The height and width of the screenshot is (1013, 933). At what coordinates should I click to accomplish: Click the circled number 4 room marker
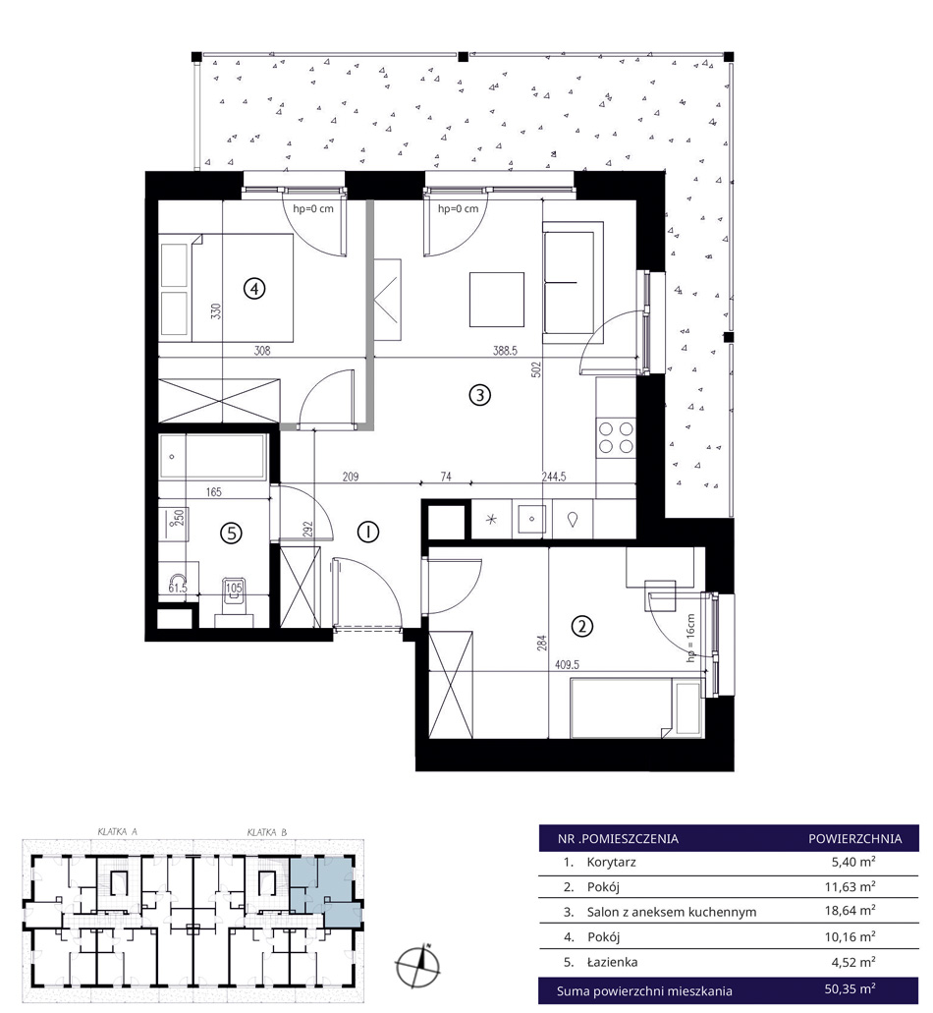254,288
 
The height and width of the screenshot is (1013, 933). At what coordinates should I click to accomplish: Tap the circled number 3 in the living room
479,394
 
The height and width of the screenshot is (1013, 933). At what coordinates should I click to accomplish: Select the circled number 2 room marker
582,626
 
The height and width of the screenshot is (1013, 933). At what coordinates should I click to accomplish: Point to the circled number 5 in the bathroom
231,533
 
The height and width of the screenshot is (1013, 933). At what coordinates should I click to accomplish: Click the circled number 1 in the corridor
368,532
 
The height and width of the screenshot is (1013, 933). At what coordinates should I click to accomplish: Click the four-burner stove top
616,437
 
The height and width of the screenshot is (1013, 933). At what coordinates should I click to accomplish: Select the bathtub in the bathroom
213,457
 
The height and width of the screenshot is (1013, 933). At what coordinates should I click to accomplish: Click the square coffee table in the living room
497,300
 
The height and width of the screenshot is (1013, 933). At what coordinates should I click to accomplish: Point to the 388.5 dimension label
505,351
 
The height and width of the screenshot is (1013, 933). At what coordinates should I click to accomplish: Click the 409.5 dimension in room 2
567,664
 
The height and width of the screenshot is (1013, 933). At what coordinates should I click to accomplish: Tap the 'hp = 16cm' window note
690,638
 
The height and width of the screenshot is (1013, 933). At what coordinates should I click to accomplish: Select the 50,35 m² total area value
850,989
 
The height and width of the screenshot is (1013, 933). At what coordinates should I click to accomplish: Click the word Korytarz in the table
612,862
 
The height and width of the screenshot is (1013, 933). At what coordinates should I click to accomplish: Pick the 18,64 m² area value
850,911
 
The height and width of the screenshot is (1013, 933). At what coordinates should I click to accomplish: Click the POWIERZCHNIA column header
854,838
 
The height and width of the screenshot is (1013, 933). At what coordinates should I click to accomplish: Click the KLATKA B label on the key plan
267,832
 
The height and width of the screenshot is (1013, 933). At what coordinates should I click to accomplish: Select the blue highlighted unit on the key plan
323,888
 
